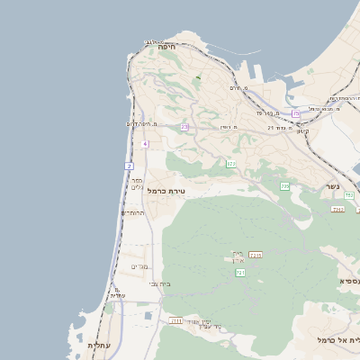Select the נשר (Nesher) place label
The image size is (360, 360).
coord(333,187)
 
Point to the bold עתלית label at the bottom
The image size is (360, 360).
coord(97,345)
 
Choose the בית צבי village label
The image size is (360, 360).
coord(159,283)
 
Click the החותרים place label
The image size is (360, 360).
coord(132,212)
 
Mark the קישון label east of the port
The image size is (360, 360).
coord(302,131)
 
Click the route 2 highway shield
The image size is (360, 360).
coord(130,166)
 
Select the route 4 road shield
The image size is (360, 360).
coord(145,143)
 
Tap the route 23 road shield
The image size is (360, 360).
coord(184,127)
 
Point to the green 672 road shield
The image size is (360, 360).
coord(231,164)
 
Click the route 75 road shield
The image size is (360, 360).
coord(296,113)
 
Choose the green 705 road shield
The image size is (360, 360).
coord(284,186)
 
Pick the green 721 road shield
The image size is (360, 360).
coord(240,272)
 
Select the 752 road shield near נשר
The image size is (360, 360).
coord(337,209)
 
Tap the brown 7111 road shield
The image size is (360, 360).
coord(176,319)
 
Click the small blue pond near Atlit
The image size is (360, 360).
coord(148,315)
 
